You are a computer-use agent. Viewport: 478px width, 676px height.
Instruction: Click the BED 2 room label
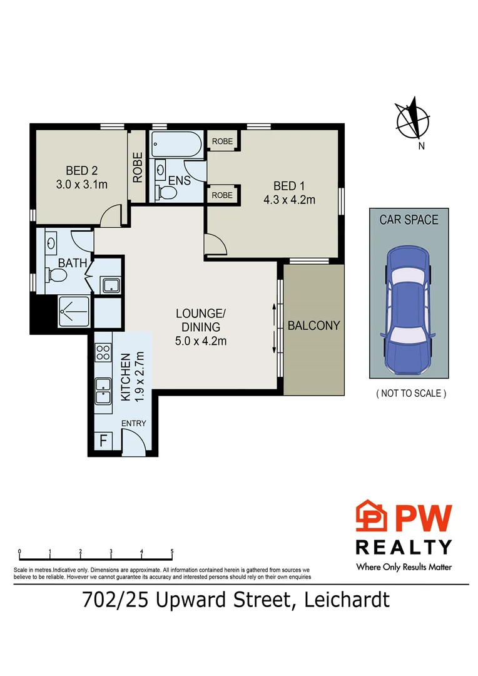(82, 170)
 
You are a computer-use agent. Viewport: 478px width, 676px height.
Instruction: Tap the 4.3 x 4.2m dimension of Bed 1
(289, 200)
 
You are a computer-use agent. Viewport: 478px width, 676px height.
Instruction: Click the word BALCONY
(313, 325)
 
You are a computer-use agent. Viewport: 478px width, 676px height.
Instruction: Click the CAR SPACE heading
(409, 220)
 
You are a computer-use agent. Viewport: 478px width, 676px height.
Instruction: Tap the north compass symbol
(412, 120)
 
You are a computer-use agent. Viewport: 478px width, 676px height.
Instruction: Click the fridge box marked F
(103, 441)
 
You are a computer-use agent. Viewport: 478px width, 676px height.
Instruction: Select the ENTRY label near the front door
(133, 424)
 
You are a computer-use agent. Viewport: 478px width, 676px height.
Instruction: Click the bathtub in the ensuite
(176, 146)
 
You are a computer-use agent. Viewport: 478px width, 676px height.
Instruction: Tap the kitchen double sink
(103, 391)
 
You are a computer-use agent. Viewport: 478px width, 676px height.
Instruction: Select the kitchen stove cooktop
(103, 352)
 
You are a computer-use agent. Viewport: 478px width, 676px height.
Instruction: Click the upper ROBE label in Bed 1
(222, 142)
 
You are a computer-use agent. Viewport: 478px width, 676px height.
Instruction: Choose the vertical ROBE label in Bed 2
(138, 168)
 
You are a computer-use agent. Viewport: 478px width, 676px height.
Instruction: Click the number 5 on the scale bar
(172, 552)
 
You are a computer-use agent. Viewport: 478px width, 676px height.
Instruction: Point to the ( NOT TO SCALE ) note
(410, 394)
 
